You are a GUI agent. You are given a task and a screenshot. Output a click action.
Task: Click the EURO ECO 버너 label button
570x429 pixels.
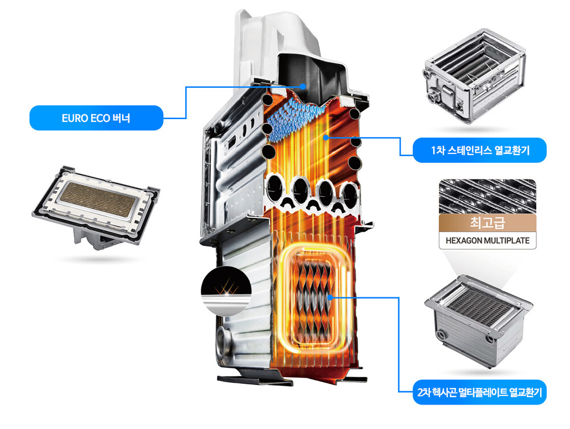(96, 119)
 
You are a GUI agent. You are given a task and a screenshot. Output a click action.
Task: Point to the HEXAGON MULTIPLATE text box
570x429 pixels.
(487, 240)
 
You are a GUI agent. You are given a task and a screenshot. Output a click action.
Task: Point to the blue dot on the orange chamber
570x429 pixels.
(324, 137)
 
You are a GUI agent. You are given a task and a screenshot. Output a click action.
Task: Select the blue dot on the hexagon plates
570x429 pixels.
(330, 296)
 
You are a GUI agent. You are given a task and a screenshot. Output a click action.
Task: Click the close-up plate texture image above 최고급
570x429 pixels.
(487, 196)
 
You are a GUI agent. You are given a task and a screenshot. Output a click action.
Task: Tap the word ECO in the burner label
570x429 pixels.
(100, 119)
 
